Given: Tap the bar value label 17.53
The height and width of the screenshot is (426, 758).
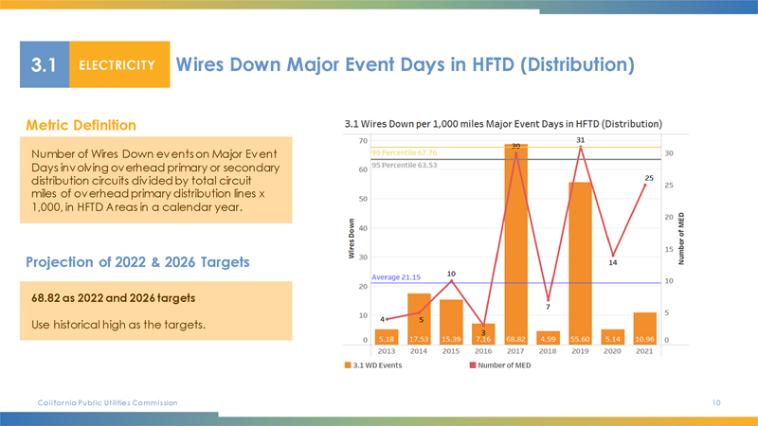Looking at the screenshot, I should (x=419, y=338).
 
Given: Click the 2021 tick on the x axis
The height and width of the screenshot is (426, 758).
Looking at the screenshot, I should (x=644, y=350).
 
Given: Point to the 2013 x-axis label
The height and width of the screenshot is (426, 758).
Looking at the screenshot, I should (x=387, y=350).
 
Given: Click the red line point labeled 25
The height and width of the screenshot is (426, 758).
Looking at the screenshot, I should (x=644, y=186).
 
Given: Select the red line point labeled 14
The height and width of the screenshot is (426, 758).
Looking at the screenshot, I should (x=613, y=256).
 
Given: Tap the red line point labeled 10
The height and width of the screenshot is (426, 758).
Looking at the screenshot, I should (x=451, y=281).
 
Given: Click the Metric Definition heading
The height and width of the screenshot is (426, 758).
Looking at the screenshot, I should (x=81, y=125).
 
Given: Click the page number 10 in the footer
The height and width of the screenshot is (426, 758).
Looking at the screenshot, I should (x=716, y=403).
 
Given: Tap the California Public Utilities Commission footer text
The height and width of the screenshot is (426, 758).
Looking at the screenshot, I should (x=107, y=403).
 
